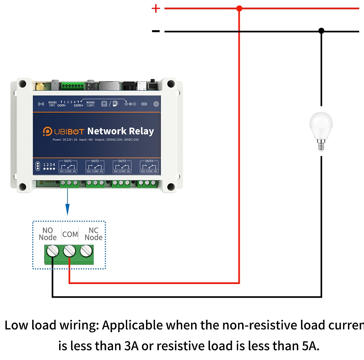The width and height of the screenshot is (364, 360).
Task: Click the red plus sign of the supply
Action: coord(156,8)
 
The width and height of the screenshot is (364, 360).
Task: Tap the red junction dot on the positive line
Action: coord(239,8)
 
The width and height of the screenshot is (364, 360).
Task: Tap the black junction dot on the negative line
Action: coord(321,31)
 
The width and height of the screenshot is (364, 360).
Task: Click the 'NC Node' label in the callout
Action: coord(93,234)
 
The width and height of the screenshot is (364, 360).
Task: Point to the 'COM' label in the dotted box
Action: coord(70,234)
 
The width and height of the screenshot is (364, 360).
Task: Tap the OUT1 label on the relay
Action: coord(68,161)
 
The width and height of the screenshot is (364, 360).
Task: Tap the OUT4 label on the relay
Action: coord(149,161)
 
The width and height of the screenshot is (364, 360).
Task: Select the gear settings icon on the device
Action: coord(156,104)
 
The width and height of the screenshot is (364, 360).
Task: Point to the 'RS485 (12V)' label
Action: coord(90,104)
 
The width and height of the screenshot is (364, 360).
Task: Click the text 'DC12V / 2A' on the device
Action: coord(70,140)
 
